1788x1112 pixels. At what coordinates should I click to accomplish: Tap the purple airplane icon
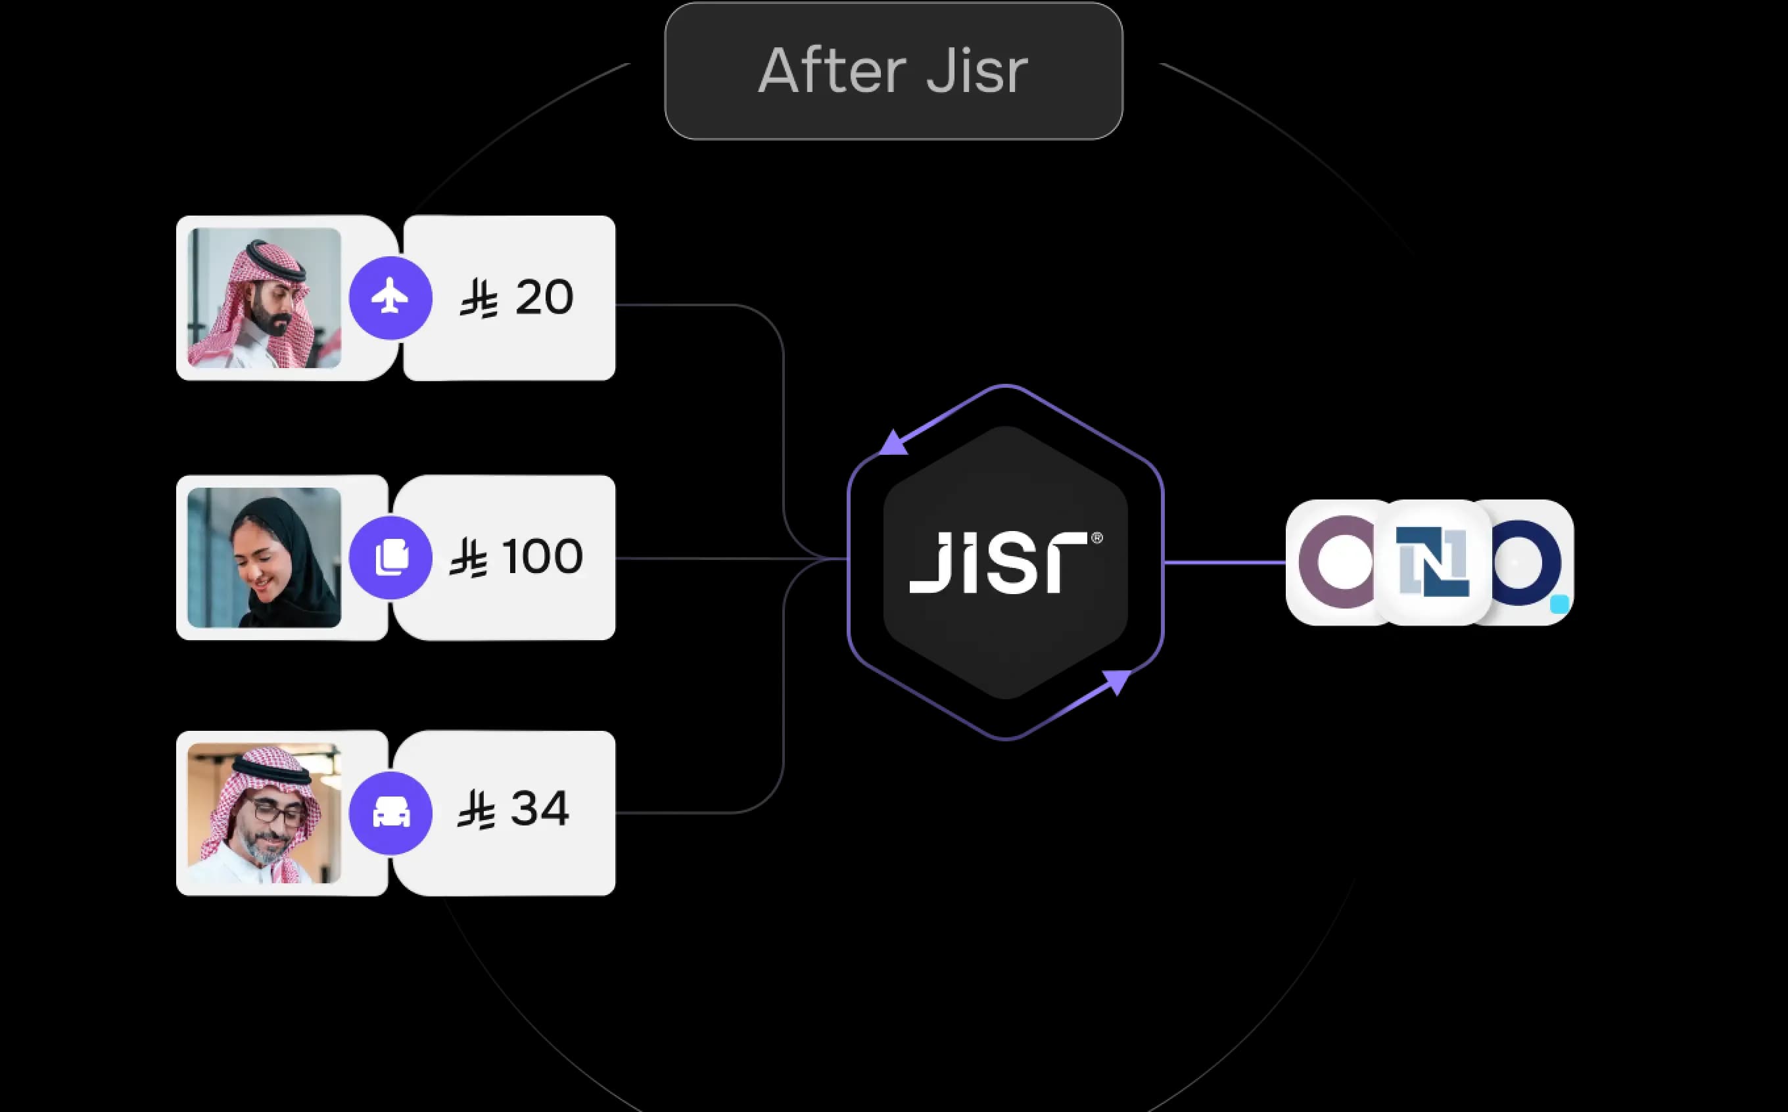point(390,298)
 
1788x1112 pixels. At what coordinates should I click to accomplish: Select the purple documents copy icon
point(390,557)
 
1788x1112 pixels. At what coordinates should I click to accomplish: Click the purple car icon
point(390,813)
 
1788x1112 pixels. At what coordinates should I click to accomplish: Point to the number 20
point(544,297)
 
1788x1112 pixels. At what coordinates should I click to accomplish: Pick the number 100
point(542,556)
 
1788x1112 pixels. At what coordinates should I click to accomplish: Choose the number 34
point(539,809)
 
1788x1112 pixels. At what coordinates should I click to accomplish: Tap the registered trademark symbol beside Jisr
point(1096,538)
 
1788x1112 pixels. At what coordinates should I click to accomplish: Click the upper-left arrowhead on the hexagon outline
point(893,444)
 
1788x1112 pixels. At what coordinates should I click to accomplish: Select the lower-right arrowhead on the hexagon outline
point(1116,681)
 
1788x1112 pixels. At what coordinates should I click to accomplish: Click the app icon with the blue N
point(1433,563)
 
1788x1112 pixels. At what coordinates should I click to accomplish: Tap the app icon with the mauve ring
point(1335,563)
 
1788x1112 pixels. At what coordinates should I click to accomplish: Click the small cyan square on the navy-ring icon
point(1559,605)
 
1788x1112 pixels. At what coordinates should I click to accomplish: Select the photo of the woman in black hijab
point(264,557)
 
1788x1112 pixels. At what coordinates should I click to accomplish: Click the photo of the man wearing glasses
point(264,813)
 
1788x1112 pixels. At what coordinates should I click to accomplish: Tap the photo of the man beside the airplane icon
point(264,298)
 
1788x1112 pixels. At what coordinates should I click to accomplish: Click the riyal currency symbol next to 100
point(469,557)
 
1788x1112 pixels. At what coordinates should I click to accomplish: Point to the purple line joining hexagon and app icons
point(1225,563)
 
